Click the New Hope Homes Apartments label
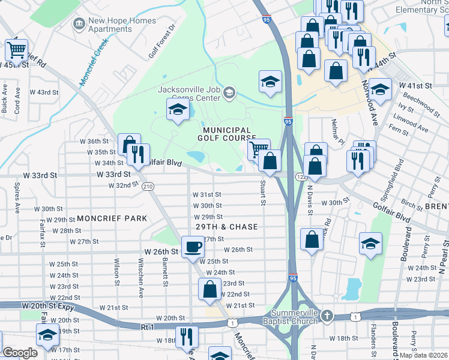pos(122,25)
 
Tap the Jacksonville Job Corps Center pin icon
pos(229,93)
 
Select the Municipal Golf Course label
pos(226,134)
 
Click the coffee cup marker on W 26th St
pos(193,247)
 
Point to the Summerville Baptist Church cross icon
pos(327,316)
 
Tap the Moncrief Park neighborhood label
pos(111,218)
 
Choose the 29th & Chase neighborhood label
pos(227,227)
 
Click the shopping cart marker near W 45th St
pos(17,50)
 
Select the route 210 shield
pos(148,187)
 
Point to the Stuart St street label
pos(262,193)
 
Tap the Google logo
pos(20,352)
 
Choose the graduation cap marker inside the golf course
pos(177,109)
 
